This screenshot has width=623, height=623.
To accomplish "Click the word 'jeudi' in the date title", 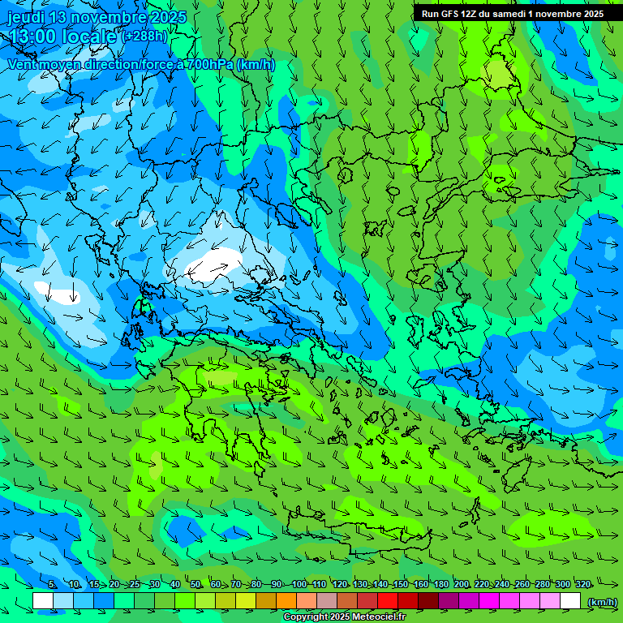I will point(25,17).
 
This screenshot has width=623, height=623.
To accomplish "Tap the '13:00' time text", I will point(32,37).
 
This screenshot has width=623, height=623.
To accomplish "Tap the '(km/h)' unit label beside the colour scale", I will point(601,601).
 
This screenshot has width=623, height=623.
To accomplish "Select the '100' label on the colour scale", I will point(299,584).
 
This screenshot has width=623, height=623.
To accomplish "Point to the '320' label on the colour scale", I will point(582,584).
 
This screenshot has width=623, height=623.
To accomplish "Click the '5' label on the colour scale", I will point(52,584).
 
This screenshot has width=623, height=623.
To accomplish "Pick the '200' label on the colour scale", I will point(462,584).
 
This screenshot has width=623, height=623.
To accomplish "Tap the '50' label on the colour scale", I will point(195,584).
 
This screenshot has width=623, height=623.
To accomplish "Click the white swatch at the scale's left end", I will point(43,600).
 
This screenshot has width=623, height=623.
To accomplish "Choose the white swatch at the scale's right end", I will point(570,600).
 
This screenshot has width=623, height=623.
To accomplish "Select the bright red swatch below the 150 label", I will point(388,600).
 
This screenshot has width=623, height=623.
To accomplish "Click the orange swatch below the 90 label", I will point(286,600).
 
